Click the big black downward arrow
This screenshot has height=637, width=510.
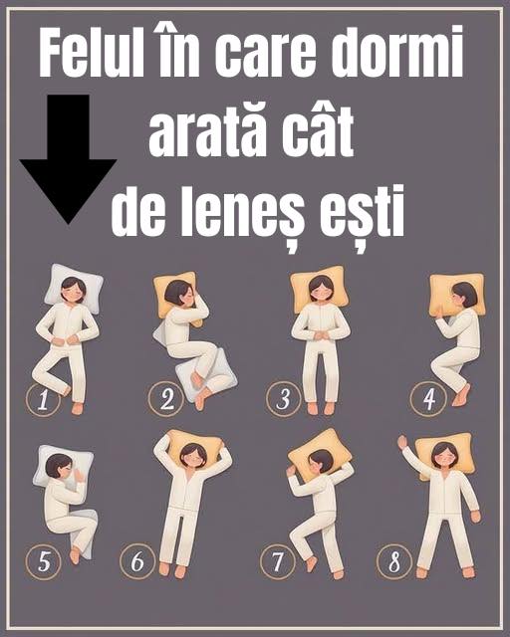point(68,159)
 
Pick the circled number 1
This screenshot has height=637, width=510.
point(41,400)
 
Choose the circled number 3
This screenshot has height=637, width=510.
point(284,400)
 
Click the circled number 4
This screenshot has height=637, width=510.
point(429,400)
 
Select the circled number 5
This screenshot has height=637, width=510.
point(43,561)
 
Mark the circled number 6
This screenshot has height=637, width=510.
point(136,561)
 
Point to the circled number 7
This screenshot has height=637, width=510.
point(278,561)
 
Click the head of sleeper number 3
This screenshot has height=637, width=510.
point(319,290)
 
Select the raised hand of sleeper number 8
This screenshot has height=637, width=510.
point(402,441)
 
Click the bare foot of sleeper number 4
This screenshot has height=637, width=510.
point(461,395)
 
